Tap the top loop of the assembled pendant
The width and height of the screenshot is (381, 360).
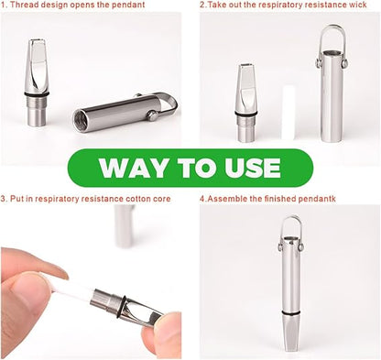290,225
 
